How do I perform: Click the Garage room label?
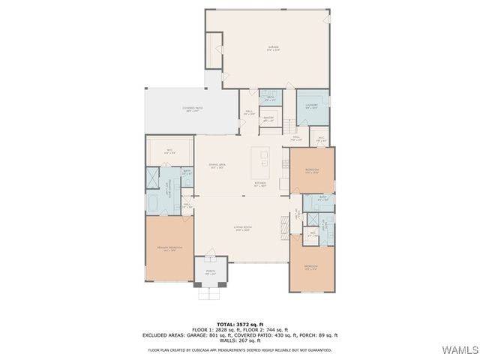pos(273,49)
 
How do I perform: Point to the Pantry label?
pos(268,119)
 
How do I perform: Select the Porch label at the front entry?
pos(211,272)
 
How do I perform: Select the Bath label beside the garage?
pos(268,99)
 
